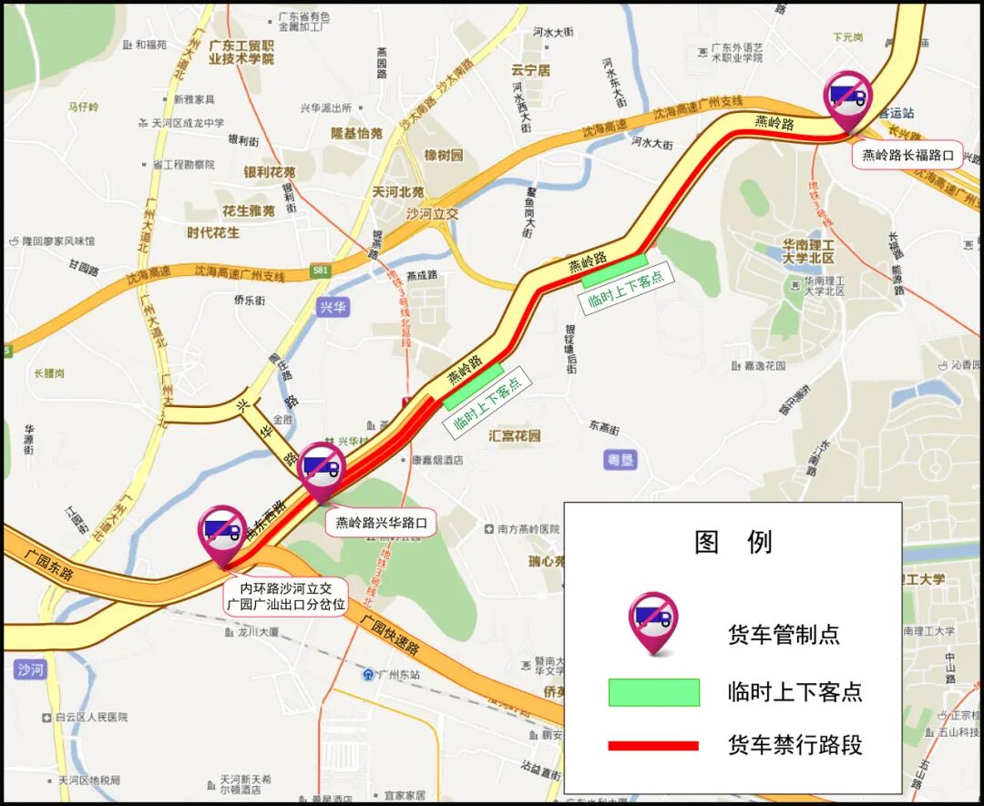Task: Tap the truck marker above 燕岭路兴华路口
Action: coord(322,468)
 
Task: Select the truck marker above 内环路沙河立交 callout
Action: coord(223,531)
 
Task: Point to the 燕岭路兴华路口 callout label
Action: coord(381,524)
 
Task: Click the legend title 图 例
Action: coord(733,542)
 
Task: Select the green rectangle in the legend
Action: coord(653,692)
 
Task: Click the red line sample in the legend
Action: coord(653,746)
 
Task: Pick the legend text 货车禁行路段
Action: coord(795,745)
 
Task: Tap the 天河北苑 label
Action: coord(398,192)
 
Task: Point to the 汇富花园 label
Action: coord(515,435)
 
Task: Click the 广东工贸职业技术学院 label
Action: coord(241,52)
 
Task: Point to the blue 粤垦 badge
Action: coord(620,460)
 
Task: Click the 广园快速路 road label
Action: coord(390,636)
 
